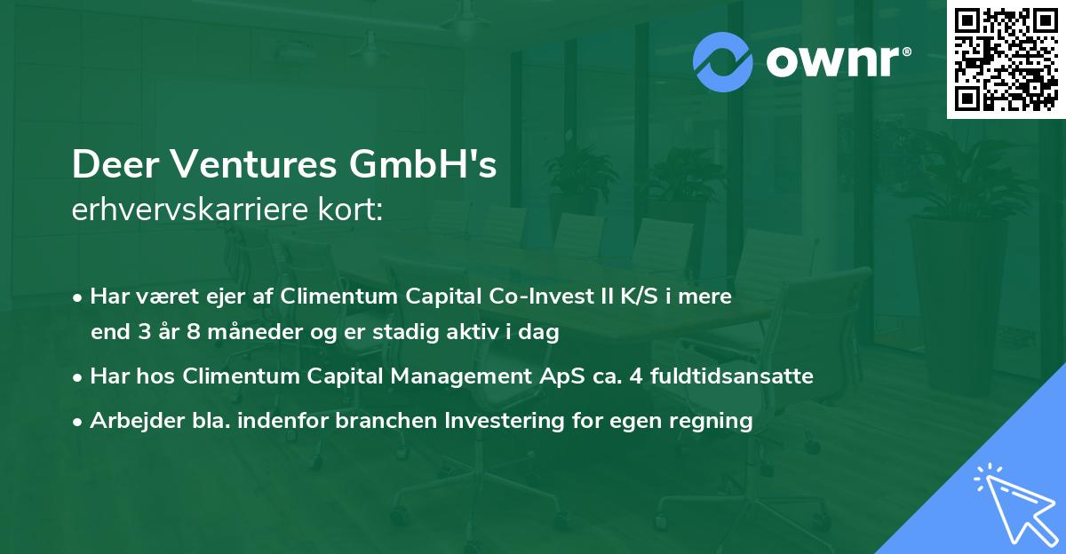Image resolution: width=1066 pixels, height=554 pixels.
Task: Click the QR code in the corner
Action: tap(1006, 59)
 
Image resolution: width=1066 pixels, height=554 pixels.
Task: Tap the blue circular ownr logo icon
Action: tap(722, 61)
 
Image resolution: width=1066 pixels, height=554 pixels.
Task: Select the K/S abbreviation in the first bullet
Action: tap(625, 297)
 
